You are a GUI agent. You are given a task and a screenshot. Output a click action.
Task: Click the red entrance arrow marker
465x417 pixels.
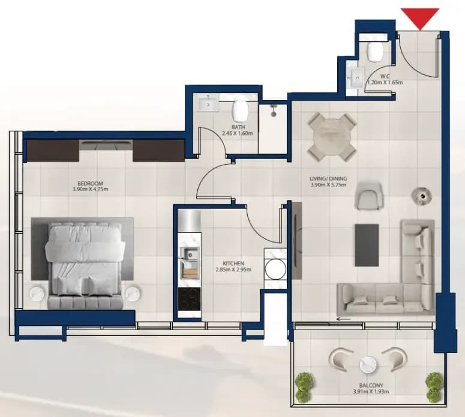[420, 17]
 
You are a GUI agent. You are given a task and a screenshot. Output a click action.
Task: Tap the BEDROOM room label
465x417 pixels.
[90, 183]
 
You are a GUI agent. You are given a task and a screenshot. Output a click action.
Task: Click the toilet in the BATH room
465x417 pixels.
[240, 111]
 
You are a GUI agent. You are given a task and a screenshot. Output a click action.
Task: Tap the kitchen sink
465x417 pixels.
[189, 254]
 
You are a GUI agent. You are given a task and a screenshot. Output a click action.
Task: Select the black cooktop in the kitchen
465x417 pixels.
[190, 299]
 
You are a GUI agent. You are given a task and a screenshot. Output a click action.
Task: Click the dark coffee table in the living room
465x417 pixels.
[367, 245]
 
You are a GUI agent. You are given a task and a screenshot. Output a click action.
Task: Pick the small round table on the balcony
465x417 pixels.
[368, 365]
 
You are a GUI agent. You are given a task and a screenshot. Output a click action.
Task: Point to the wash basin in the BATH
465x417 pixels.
[208, 104]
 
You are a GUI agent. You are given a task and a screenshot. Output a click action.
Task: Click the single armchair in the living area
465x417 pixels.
[369, 196]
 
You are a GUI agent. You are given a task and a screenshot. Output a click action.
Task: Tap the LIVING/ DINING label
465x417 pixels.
[328, 179]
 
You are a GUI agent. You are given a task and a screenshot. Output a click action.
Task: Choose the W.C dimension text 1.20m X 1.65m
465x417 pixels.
[385, 83]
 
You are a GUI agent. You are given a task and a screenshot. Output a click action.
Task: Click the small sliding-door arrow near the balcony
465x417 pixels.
[343, 319]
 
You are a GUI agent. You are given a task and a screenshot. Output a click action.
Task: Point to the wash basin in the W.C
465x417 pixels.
[355, 78]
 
